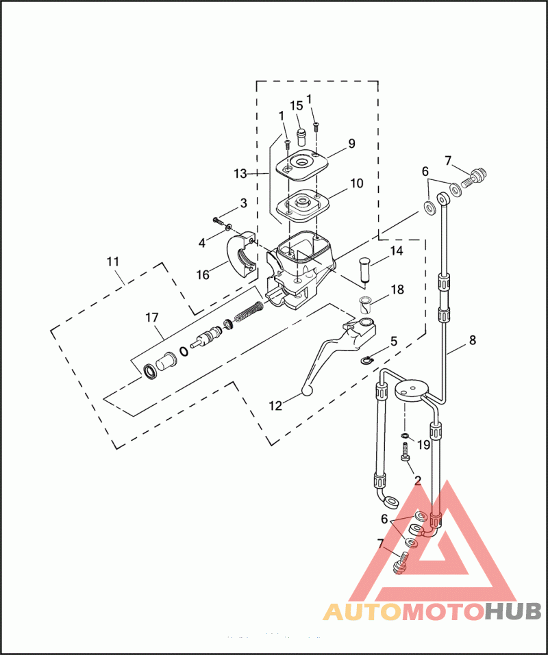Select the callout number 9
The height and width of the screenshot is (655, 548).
coord(351,144)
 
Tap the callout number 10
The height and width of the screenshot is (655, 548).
coord(356,183)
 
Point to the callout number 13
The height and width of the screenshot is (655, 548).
coord(240,174)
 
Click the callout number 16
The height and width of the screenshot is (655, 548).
coord(203,274)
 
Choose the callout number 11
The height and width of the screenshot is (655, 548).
coord(113,261)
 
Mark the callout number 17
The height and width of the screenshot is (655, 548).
coord(151,317)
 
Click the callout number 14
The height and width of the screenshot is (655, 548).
coord(397,251)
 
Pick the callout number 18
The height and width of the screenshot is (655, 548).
coord(397,290)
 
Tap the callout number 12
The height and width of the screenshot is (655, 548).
coord(275,405)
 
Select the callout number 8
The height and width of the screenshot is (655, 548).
coord(472,339)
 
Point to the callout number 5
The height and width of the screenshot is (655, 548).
coord(393,340)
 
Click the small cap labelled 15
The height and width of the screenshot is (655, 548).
coord(299,131)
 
